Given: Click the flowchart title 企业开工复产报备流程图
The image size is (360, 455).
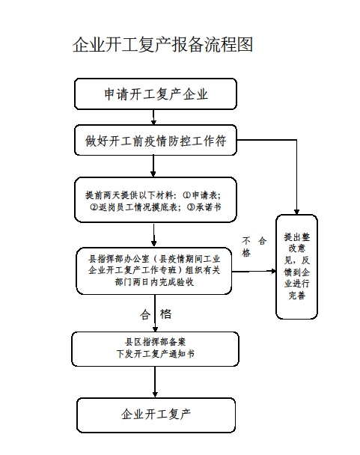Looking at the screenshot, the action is coord(162,45).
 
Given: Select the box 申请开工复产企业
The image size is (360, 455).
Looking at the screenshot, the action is coord(156,94).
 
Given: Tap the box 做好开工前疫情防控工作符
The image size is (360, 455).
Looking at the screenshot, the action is coord(156,140).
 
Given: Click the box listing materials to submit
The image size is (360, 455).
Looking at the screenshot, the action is coord(156,200).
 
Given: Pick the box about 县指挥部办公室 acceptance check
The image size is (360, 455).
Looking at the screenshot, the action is coord(154,271).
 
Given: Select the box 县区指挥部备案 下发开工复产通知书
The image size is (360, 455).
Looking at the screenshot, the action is coord(156,349).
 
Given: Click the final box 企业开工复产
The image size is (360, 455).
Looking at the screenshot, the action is coord(156,415).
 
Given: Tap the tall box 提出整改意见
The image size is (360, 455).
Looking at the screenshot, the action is coord(296,266).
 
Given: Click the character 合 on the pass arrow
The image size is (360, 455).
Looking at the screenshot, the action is coord(145,314).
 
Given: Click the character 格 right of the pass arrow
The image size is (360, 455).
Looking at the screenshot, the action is coord(165,314).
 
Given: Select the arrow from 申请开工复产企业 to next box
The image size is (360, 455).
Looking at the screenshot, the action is coord(153,117).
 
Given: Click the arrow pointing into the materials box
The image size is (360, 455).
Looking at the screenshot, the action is coord(153,166).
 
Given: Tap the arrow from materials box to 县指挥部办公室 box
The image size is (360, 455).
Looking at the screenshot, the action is coord(154,235).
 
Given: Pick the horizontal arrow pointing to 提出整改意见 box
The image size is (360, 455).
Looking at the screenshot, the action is coord(254,272).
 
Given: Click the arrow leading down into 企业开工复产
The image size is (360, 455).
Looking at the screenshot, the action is coord(155,382).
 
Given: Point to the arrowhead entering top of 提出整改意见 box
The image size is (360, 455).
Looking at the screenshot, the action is coord(296,212).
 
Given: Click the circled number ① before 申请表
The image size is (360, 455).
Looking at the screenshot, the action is coord(186,195).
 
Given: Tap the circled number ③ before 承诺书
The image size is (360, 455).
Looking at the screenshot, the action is coord(191,207).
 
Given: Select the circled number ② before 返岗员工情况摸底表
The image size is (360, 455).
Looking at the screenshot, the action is coord(94,207).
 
